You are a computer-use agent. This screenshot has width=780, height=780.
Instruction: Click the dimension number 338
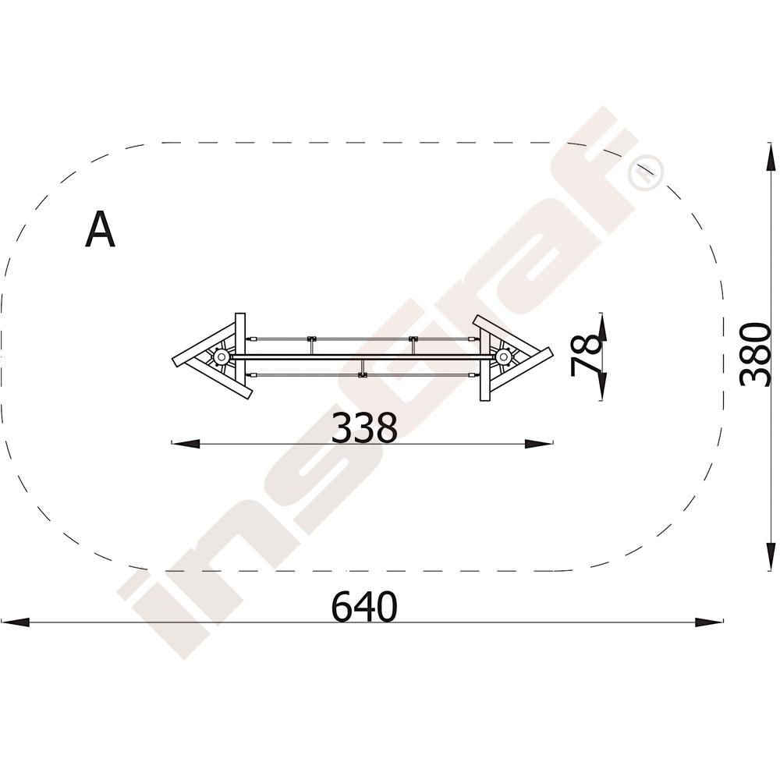[x=364, y=427]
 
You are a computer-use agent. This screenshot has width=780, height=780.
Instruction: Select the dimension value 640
[x=364, y=606]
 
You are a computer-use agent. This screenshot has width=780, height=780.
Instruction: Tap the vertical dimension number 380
[x=754, y=354]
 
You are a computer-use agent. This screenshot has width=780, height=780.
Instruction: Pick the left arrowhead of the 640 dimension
[x=15, y=622]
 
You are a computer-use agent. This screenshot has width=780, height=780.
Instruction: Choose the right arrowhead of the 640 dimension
[x=709, y=622]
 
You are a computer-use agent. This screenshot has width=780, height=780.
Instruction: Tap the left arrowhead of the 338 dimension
[x=186, y=443]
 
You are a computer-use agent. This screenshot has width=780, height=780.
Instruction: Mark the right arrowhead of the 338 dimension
[x=539, y=443]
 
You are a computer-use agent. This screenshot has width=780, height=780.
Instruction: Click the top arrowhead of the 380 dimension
[x=771, y=158]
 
